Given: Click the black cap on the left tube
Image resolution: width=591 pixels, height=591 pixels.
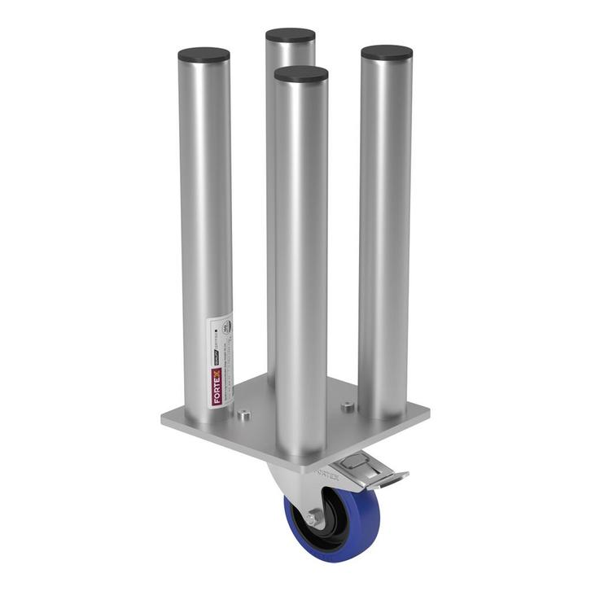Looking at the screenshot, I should pyautogui.click(x=204, y=55).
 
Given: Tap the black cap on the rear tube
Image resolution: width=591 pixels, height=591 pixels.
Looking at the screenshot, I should pyautogui.click(x=290, y=36).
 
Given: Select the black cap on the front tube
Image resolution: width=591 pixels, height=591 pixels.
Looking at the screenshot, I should pyautogui.click(x=301, y=75).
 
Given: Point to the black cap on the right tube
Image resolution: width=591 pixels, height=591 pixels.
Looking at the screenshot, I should pyautogui.click(x=387, y=53).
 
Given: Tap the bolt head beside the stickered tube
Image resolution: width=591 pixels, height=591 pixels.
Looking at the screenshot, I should pyautogui.click(x=243, y=415).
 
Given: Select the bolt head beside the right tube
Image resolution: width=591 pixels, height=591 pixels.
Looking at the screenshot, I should pyautogui.click(x=348, y=405).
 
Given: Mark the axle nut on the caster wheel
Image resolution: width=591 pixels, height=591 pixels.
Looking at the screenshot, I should pyautogui.click(x=313, y=518).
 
